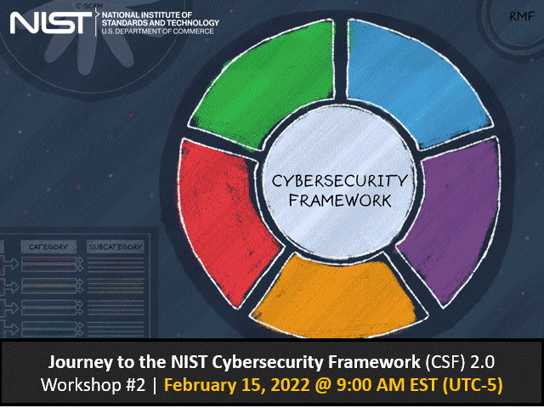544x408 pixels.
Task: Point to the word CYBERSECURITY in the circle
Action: (x=339, y=181)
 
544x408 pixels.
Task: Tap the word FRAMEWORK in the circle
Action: (x=339, y=201)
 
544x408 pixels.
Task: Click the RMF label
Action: (x=520, y=15)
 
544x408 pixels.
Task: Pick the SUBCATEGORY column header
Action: (x=116, y=246)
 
